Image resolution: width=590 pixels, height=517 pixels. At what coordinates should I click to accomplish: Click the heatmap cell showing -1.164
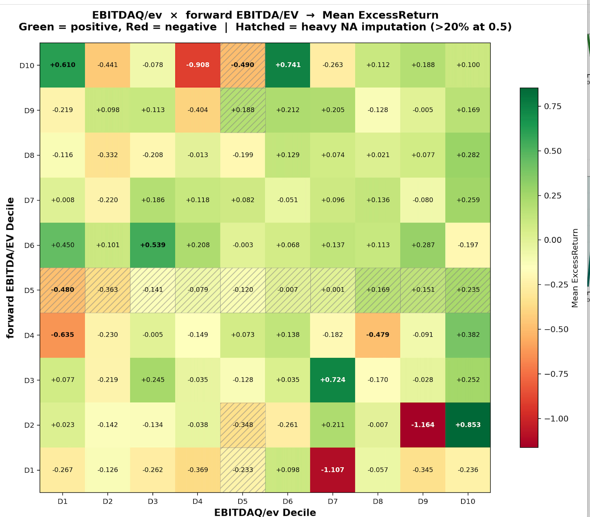pos(423,425)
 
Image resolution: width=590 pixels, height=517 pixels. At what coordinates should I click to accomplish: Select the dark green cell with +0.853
pos(468,425)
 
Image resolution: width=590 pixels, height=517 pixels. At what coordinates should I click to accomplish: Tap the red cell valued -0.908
pos(198,65)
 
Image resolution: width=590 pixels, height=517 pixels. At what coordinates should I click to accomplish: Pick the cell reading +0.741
pos(288,65)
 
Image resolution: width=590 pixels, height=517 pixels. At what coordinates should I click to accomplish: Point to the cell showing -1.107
pos(333,470)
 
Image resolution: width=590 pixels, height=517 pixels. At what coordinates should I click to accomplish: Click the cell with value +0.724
pos(333,380)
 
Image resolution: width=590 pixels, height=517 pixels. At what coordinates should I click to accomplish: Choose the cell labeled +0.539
pos(153,245)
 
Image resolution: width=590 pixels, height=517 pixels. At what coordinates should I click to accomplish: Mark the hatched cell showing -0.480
pos(63,290)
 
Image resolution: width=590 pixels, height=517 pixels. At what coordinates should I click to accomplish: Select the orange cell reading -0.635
pos(63,335)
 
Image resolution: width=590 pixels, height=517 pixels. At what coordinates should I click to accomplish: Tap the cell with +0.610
pos(63,65)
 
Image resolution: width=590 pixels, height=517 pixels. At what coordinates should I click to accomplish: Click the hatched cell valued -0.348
pos(243,425)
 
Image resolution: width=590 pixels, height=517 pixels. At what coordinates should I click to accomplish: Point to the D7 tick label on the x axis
pos(333,501)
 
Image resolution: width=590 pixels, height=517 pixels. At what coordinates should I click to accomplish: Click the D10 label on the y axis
pos(27,66)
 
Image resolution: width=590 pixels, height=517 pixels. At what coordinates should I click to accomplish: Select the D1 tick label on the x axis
pos(63,501)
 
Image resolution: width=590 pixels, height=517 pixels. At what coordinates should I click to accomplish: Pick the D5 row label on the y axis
pos(29,291)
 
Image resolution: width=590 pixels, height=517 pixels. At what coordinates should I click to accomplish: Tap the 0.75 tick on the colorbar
pos(553,107)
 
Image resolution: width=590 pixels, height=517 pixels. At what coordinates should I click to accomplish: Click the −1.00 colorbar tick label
pos(556,419)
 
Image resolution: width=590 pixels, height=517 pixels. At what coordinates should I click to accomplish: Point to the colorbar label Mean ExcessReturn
pos(575,268)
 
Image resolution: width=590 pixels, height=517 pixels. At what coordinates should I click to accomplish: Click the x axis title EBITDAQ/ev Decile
pos(265,512)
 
